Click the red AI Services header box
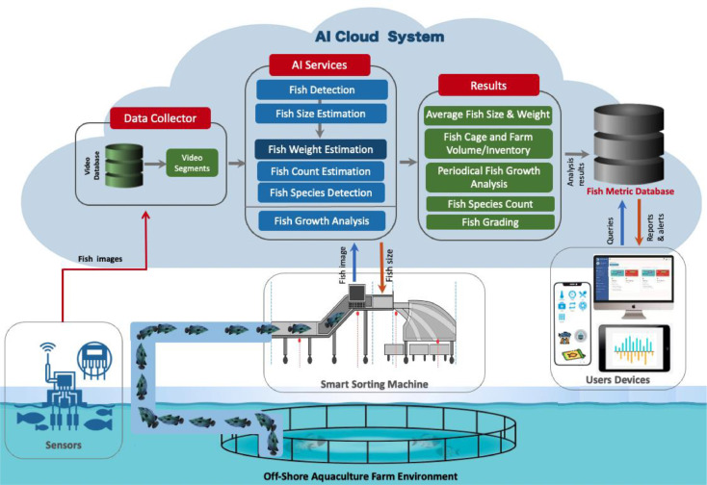[319, 64]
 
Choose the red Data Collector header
[160, 118]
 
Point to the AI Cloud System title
[380, 37]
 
